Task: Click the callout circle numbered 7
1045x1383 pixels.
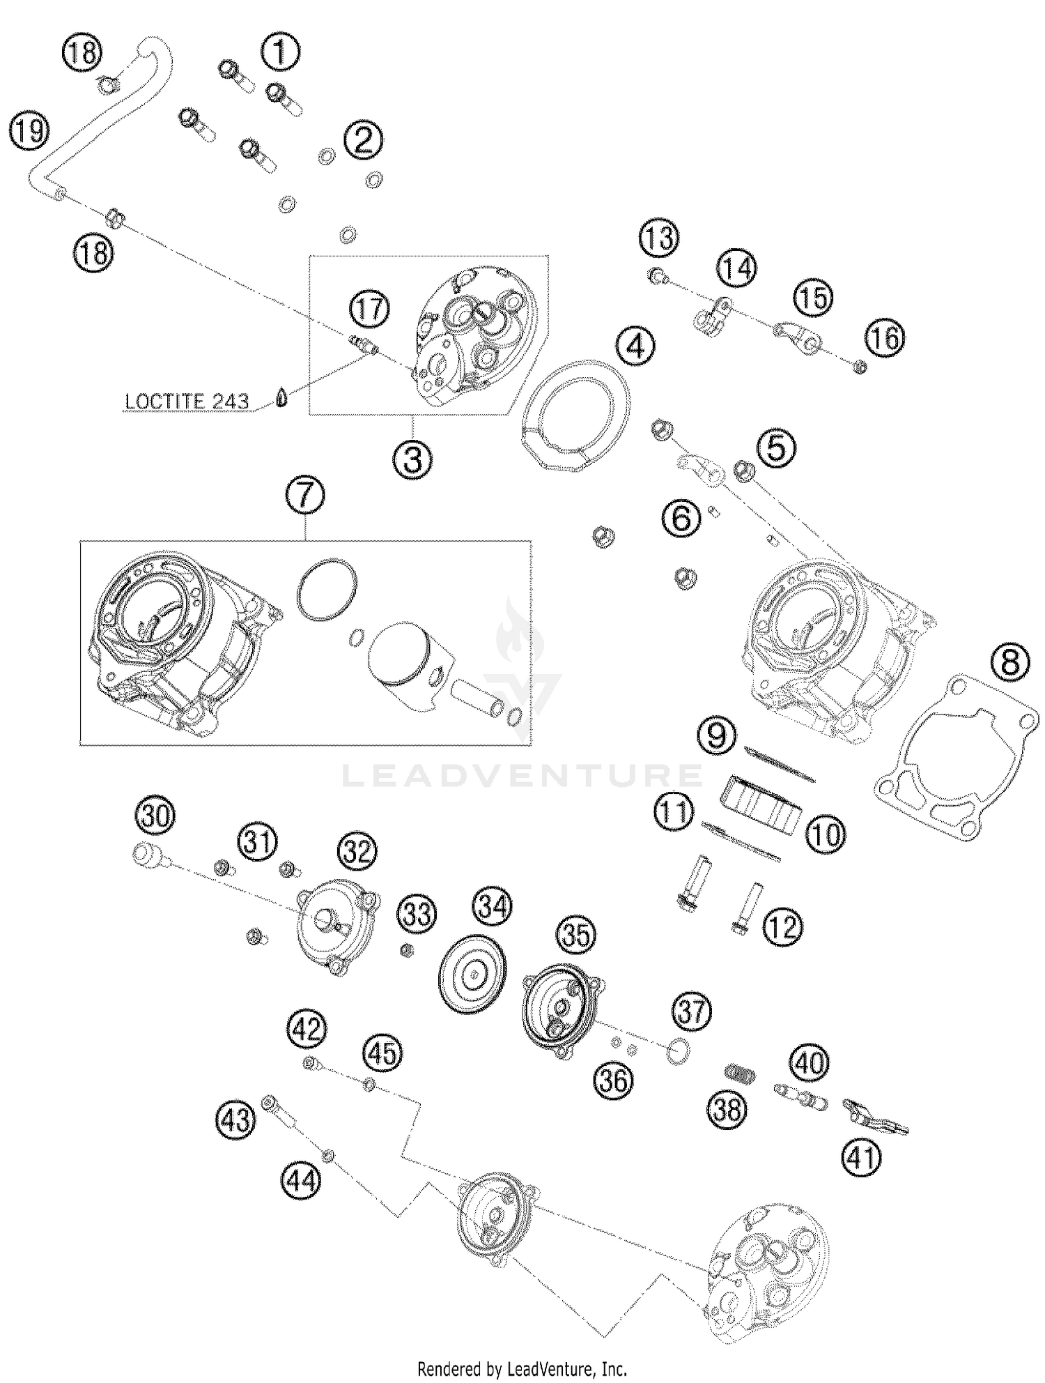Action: point(304,496)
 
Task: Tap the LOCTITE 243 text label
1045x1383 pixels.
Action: point(187,402)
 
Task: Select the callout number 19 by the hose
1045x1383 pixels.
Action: point(29,130)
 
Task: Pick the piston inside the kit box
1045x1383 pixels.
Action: point(403,662)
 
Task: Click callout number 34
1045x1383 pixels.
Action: point(493,907)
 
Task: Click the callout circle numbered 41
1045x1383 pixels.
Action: point(862,1158)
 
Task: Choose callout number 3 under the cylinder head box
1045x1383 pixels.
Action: point(412,459)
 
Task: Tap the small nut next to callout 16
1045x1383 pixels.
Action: point(860,367)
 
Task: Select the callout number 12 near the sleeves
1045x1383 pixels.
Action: point(783,927)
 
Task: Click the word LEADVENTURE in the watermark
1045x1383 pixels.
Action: point(522,775)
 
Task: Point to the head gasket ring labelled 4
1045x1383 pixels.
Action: point(575,413)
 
